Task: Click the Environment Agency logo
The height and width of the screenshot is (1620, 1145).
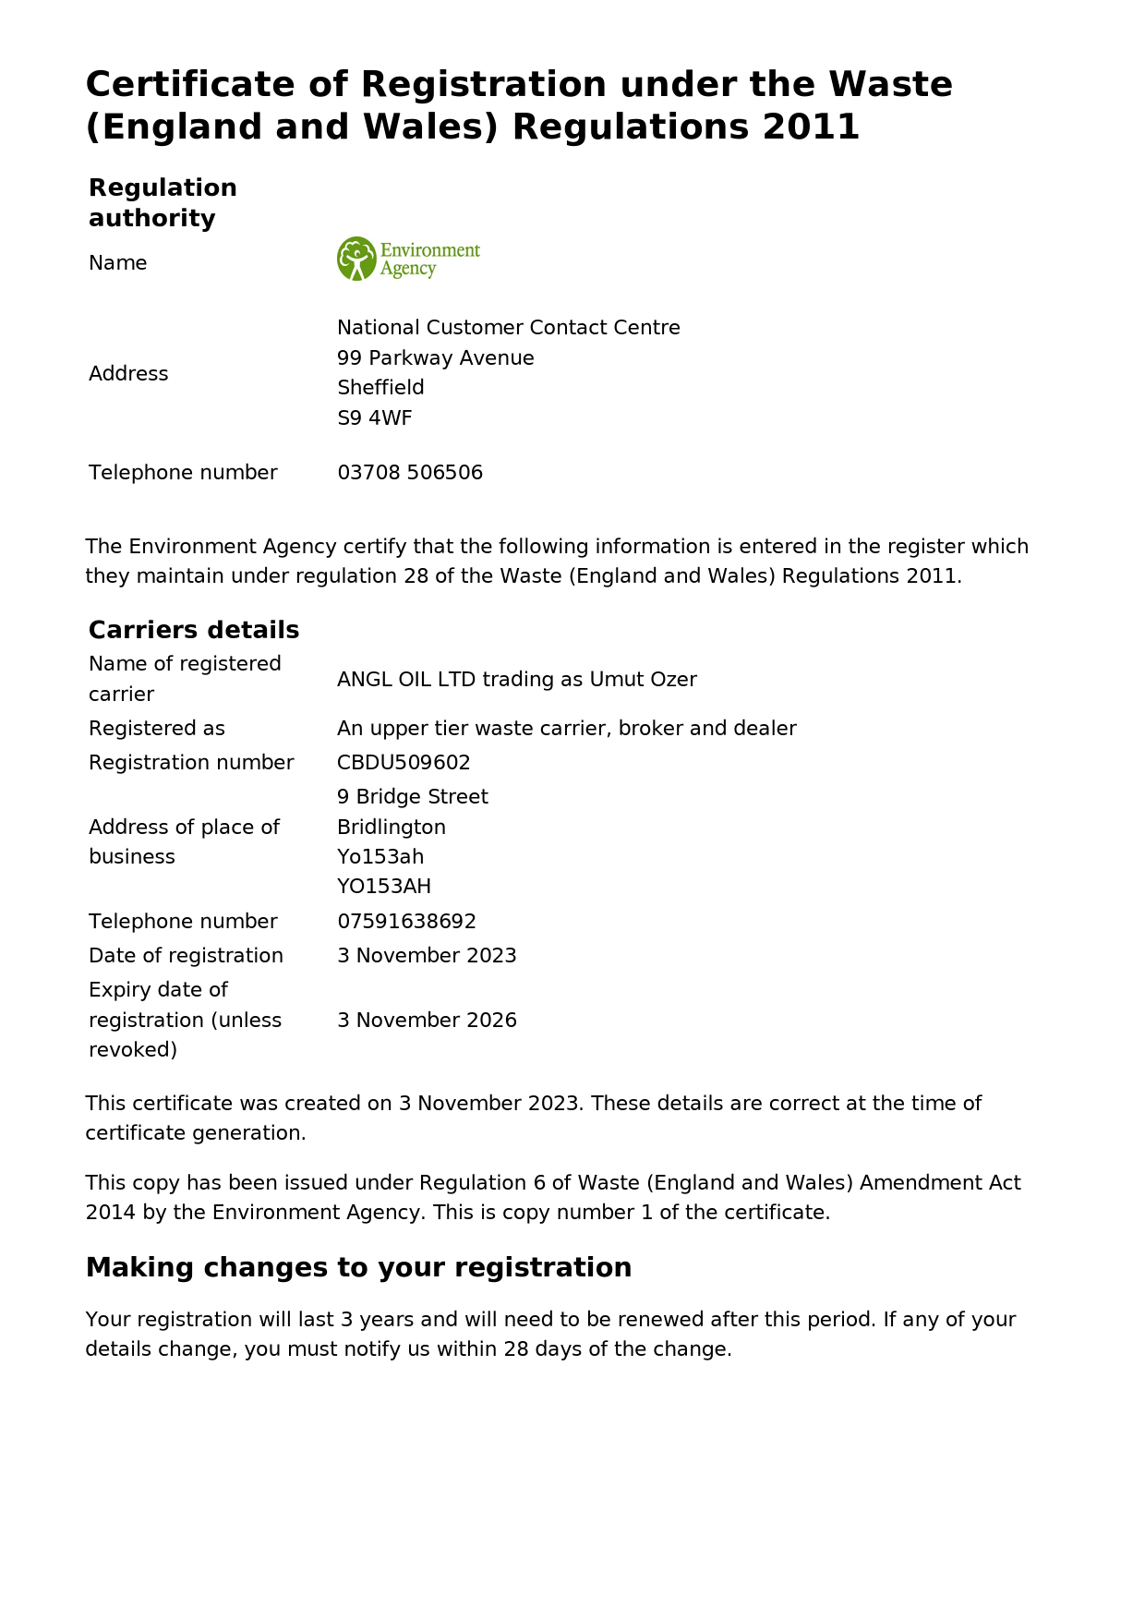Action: click(408, 259)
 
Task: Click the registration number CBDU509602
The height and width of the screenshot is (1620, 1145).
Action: click(404, 763)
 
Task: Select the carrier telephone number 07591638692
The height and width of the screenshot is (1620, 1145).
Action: click(406, 922)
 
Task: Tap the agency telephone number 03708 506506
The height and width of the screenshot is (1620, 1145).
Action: click(410, 473)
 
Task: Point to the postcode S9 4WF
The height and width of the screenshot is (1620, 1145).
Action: click(375, 418)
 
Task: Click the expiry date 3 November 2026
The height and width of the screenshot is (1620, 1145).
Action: click(427, 1021)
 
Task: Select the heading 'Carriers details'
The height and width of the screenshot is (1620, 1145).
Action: click(194, 630)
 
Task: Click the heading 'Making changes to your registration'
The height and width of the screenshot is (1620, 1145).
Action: click(358, 1267)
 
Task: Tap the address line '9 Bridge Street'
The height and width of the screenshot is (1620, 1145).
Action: click(413, 797)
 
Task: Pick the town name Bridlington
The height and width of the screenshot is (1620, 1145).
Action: click(392, 828)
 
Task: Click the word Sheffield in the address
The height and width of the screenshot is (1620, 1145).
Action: click(380, 388)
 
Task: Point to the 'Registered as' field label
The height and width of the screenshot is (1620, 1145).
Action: click(157, 729)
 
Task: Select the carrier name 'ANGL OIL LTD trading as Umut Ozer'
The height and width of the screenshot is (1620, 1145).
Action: click(517, 680)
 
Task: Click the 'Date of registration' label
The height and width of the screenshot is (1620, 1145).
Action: click(186, 956)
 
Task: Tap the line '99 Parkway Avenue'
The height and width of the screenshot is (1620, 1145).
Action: click(436, 358)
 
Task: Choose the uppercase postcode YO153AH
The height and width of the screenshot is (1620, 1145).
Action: click(384, 887)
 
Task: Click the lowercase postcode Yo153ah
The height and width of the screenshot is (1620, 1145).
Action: click(380, 857)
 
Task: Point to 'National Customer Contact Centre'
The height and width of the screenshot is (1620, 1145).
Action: click(509, 328)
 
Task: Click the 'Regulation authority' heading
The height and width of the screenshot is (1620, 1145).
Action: click(163, 203)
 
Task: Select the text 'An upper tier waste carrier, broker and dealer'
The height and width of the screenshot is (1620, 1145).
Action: click(567, 729)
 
